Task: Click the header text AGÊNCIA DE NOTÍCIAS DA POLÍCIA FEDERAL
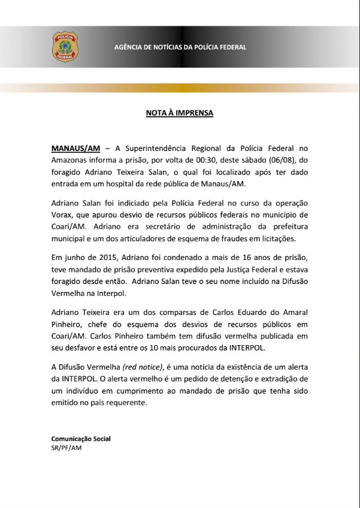180,47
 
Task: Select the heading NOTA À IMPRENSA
180,113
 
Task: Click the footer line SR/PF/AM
66,447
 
